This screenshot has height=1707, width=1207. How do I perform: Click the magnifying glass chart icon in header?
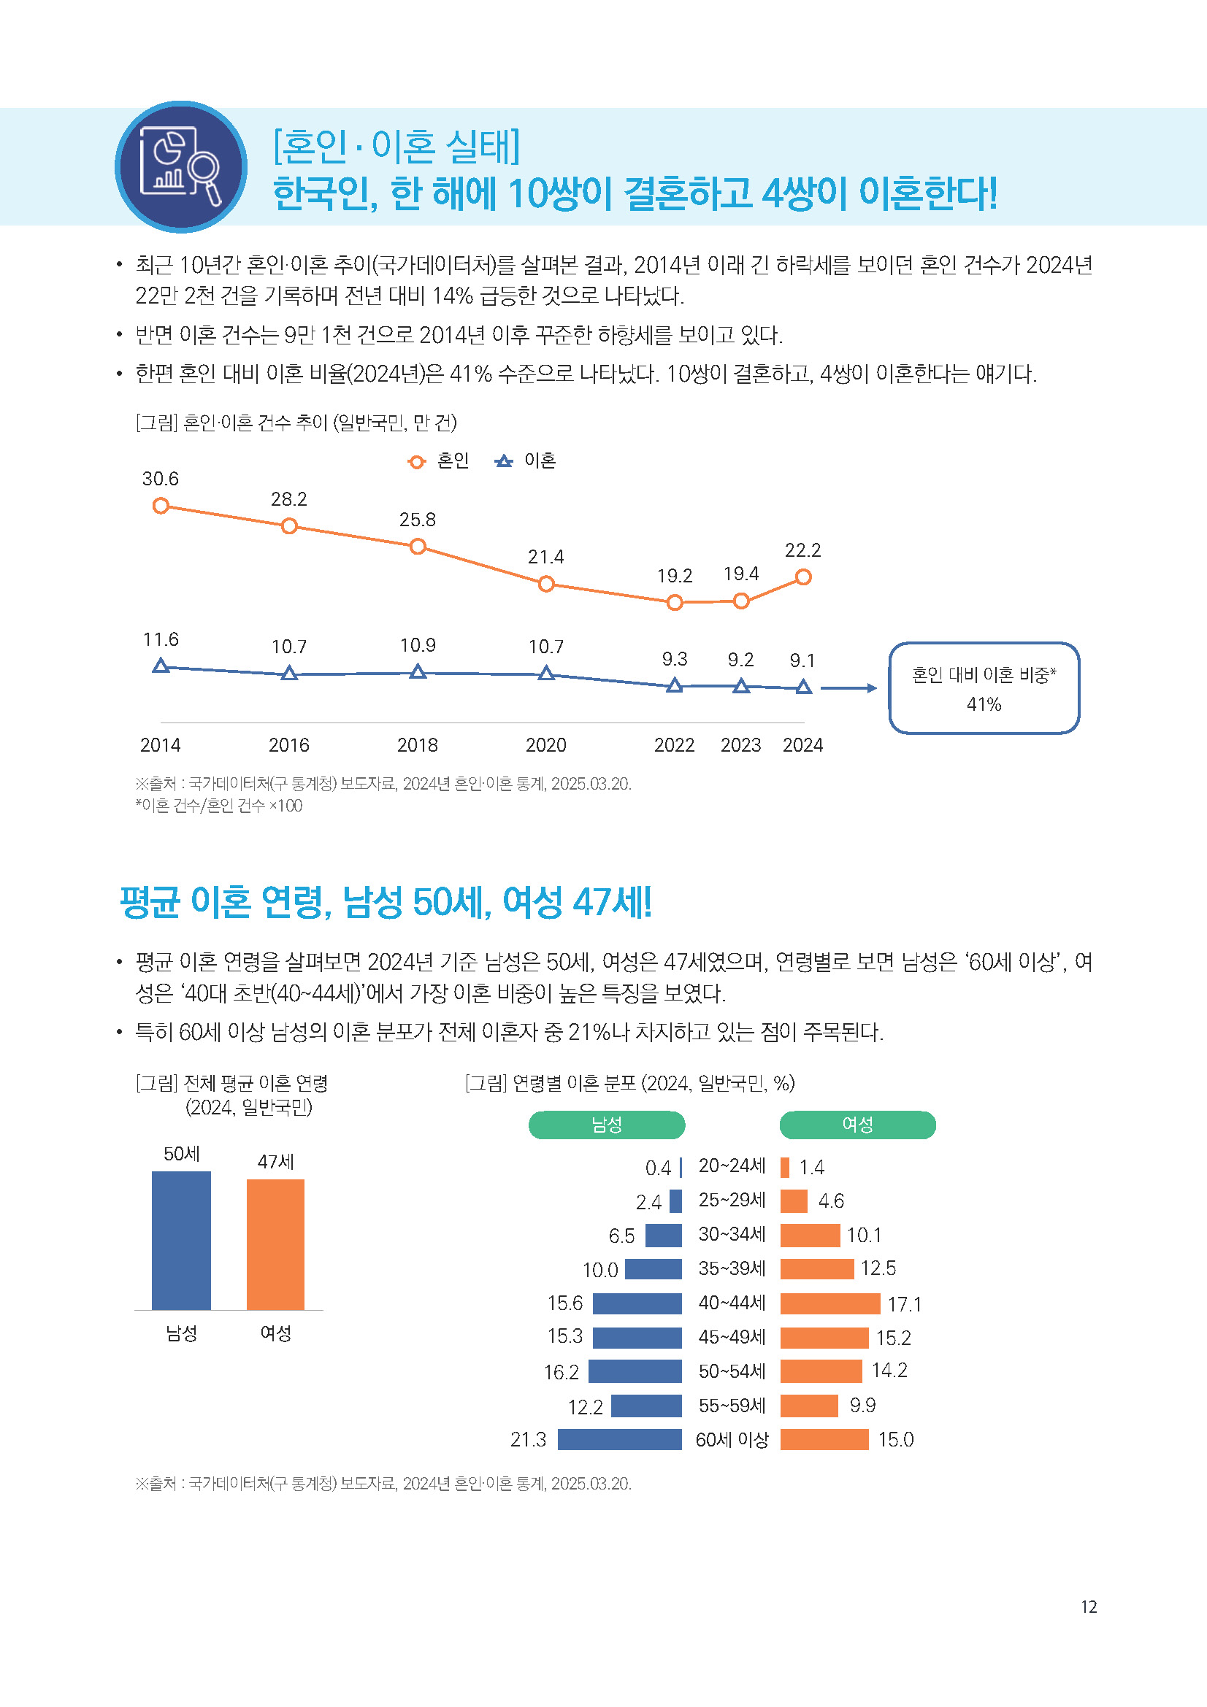pyautogui.click(x=180, y=166)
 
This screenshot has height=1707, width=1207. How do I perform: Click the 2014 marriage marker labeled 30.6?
pyautogui.click(x=161, y=506)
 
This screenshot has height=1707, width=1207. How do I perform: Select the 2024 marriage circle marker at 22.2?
pyautogui.click(x=803, y=577)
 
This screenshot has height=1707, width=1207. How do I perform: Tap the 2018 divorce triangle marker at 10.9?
pyautogui.click(x=418, y=672)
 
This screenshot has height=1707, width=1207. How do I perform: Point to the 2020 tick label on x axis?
pyautogui.click(x=546, y=745)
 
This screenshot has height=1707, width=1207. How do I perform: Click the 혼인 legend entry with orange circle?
pyautogui.click(x=439, y=461)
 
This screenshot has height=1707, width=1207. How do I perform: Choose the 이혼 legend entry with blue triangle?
pyautogui.click(x=526, y=461)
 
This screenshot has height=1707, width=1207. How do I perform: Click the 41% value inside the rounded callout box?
pyautogui.click(x=983, y=704)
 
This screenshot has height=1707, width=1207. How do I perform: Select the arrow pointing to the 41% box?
pyautogui.click(x=848, y=688)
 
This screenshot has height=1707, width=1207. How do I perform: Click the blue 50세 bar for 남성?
pyautogui.click(x=182, y=1240)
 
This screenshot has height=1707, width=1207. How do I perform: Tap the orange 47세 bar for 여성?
pyautogui.click(x=275, y=1244)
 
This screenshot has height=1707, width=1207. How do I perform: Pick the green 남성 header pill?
pyautogui.click(x=606, y=1125)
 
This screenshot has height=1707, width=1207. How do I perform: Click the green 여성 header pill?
pyautogui.click(x=857, y=1125)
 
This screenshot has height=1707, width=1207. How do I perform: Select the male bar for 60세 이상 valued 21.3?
pyautogui.click(x=619, y=1439)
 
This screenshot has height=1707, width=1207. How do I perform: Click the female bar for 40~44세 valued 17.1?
pyautogui.click(x=830, y=1303)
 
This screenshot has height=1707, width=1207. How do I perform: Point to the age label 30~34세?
pyautogui.click(x=732, y=1234)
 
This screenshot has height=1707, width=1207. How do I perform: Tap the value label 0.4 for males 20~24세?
pyautogui.click(x=657, y=1168)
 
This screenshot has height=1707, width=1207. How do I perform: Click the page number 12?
pyautogui.click(x=1088, y=1606)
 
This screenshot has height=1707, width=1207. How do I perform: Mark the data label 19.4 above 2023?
pyautogui.click(x=740, y=574)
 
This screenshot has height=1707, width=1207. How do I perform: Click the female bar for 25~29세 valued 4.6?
pyautogui.click(x=794, y=1201)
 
